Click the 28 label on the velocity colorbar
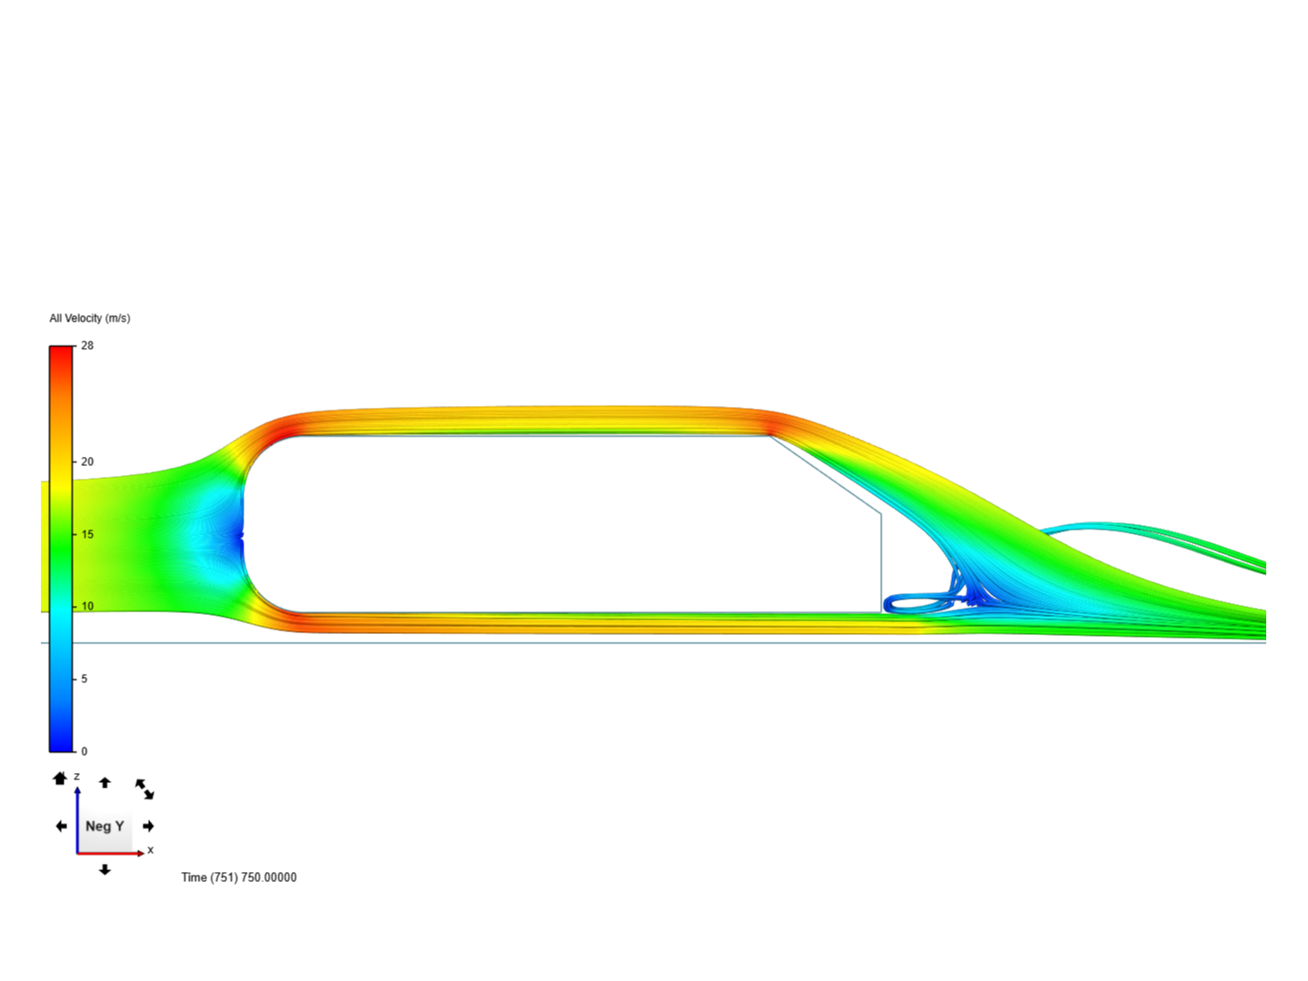tap(87, 345)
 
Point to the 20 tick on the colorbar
tap(87, 461)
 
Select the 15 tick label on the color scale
tap(87, 534)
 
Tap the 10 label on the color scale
tap(87, 607)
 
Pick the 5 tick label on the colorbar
tap(84, 679)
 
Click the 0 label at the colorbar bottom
tap(84, 752)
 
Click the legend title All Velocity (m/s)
tap(90, 318)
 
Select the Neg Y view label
tap(104, 827)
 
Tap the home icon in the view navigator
tap(60, 778)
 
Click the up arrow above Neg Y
tap(104, 783)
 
